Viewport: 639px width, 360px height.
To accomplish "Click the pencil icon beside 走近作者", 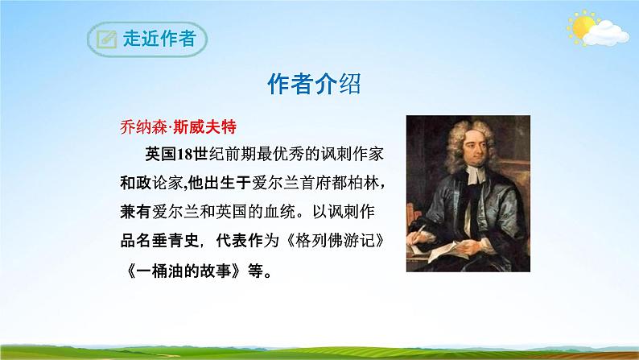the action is (x=107, y=39).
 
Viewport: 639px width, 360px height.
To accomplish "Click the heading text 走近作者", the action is (x=159, y=39).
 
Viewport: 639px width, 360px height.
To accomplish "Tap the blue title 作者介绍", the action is (x=314, y=85).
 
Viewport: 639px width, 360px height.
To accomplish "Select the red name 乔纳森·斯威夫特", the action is (x=178, y=127).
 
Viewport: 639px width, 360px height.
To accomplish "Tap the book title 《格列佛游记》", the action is (x=335, y=241).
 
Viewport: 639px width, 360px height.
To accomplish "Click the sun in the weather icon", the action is (x=583, y=27).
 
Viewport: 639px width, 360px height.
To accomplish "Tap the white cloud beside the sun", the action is (x=605, y=33).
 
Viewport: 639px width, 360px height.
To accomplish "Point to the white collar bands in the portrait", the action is (x=476, y=175).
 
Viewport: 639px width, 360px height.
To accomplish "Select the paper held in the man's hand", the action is (x=446, y=250).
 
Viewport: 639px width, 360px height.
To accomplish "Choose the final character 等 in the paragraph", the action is (x=255, y=271).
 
